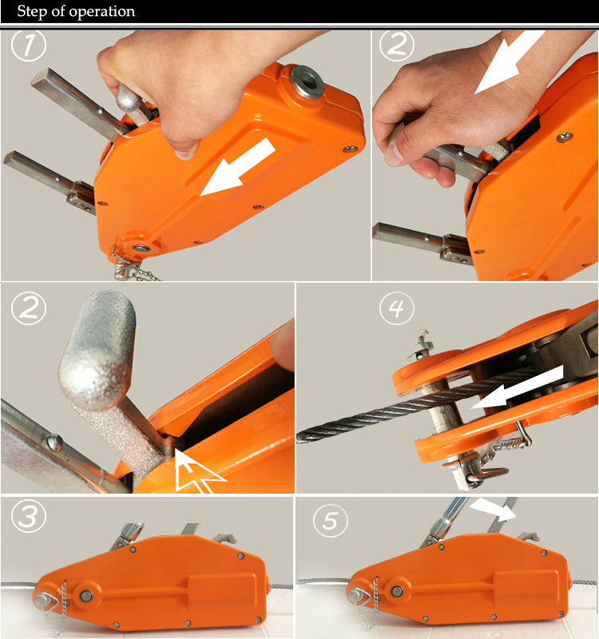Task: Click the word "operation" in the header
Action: [x=102, y=11]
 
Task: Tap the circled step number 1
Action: [x=29, y=45]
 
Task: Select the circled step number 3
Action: [x=29, y=516]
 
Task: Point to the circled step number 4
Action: [x=396, y=308]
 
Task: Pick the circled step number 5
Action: [x=330, y=520]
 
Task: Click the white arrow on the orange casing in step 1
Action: [x=237, y=167]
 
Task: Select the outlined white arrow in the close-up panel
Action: [x=196, y=473]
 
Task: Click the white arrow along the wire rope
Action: [x=517, y=387]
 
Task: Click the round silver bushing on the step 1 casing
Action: [x=307, y=82]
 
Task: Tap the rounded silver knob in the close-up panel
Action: [x=97, y=350]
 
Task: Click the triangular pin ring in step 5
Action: [x=359, y=597]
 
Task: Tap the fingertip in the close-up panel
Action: [x=283, y=345]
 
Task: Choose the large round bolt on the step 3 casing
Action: [x=86, y=596]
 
